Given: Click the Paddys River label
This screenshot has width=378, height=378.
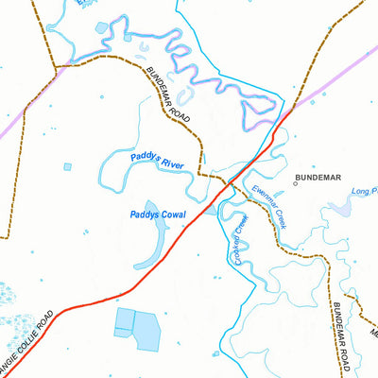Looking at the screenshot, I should (157, 163).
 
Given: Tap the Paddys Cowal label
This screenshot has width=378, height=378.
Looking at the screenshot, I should (159, 215).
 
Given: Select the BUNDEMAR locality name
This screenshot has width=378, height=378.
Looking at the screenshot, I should (318, 178).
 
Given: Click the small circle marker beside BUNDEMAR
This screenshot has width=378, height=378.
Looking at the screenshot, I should (295, 183).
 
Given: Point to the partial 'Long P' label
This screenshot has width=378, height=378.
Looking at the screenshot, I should (364, 192).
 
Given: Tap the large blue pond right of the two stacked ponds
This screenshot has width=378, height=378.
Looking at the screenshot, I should (146, 330).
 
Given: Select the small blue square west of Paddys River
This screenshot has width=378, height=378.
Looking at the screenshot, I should (67, 167).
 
